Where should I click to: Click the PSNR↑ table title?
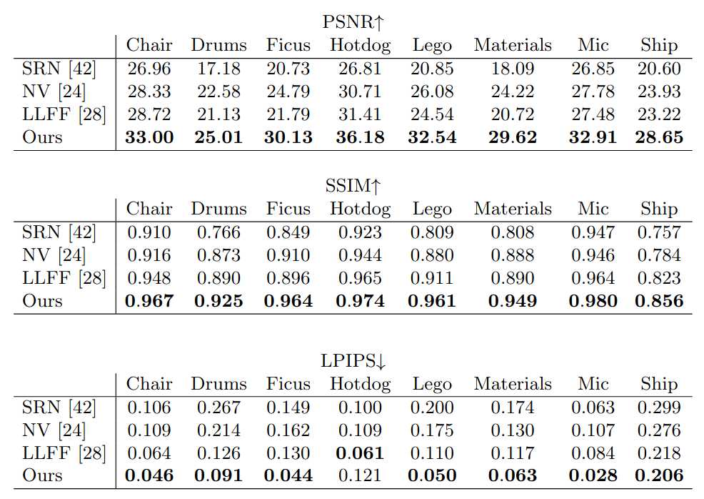tap(353, 22)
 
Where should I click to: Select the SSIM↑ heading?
tap(353, 186)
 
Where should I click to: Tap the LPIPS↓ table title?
tap(353, 361)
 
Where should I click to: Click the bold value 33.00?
tap(149, 137)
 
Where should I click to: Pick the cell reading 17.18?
tap(218, 69)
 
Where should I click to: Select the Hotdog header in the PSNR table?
tap(360, 45)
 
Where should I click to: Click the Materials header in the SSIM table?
tap(513, 209)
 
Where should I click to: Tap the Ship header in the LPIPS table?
tap(658, 384)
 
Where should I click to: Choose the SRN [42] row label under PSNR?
tap(59, 69)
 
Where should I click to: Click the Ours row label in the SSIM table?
tap(42, 301)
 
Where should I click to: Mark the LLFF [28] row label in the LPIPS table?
tap(64, 453)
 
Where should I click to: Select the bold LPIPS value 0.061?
tap(360, 453)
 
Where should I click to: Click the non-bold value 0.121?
tap(360, 476)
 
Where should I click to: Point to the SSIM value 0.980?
tap(593, 301)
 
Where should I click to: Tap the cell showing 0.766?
tap(218, 232)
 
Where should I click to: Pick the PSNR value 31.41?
tap(360, 114)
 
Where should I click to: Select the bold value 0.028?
tap(593, 476)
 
